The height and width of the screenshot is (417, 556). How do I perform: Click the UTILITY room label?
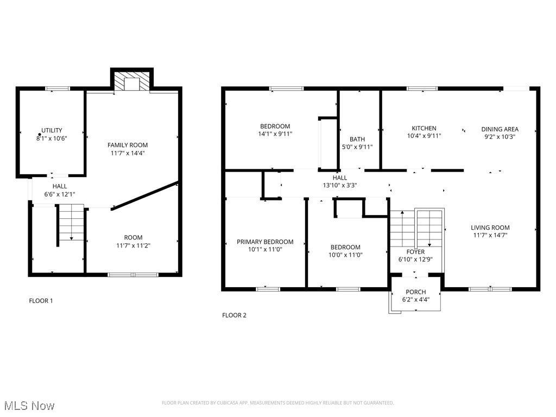52,130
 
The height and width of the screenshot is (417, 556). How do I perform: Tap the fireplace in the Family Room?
132,81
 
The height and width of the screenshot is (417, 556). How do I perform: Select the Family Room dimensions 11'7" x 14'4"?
128,153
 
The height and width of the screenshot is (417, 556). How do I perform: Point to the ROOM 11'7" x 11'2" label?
133,241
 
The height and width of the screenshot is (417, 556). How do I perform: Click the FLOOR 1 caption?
41,300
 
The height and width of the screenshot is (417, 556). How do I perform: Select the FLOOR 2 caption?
234,315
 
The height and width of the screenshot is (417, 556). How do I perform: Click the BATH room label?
357,139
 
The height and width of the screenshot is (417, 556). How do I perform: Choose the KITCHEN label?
424,129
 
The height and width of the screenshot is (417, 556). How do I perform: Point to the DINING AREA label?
500,129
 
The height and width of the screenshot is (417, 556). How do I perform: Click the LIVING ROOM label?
490,228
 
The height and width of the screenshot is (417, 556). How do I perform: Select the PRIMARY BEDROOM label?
265,242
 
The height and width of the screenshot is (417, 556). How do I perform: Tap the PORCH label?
416,292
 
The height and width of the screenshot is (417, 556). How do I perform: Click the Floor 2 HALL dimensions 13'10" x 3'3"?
339,185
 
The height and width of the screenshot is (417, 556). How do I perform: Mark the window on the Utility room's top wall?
57,88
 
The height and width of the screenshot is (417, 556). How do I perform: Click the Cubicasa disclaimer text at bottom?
277,403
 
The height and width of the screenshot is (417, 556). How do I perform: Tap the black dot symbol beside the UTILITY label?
40,134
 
